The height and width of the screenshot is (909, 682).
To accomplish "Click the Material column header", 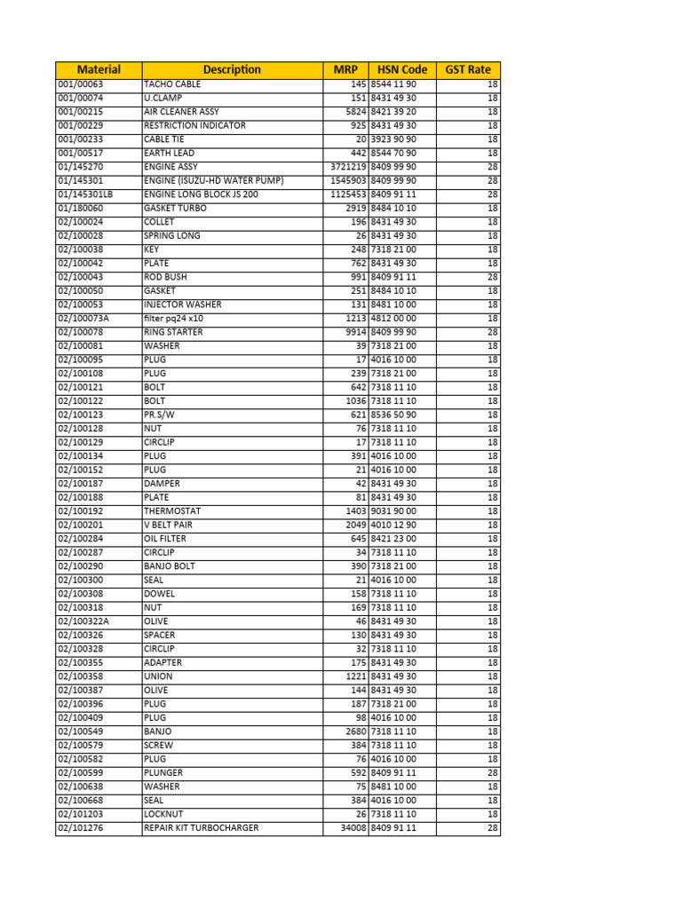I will (x=99, y=69).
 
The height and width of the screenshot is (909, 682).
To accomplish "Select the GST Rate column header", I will (x=468, y=69).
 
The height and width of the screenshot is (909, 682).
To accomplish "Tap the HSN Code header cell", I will (x=402, y=69).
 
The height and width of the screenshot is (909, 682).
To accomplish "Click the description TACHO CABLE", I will (x=172, y=84).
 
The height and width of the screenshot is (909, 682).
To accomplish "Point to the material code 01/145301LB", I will (x=85, y=194).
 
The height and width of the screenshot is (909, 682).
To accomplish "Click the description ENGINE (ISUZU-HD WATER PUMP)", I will (x=213, y=180).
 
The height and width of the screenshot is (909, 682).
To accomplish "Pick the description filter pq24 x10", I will (x=174, y=318).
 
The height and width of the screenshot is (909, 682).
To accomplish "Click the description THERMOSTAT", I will (x=172, y=511).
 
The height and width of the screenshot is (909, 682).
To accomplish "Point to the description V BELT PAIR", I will (x=168, y=525).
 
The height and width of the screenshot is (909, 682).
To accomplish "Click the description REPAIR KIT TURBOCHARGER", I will (x=202, y=828).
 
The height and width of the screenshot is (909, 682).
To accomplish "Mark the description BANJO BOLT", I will (x=170, y=566).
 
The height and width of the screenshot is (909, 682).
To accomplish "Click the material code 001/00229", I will (x=81, y=126).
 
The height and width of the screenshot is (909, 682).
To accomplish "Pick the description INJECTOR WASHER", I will (x=183, y=304).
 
